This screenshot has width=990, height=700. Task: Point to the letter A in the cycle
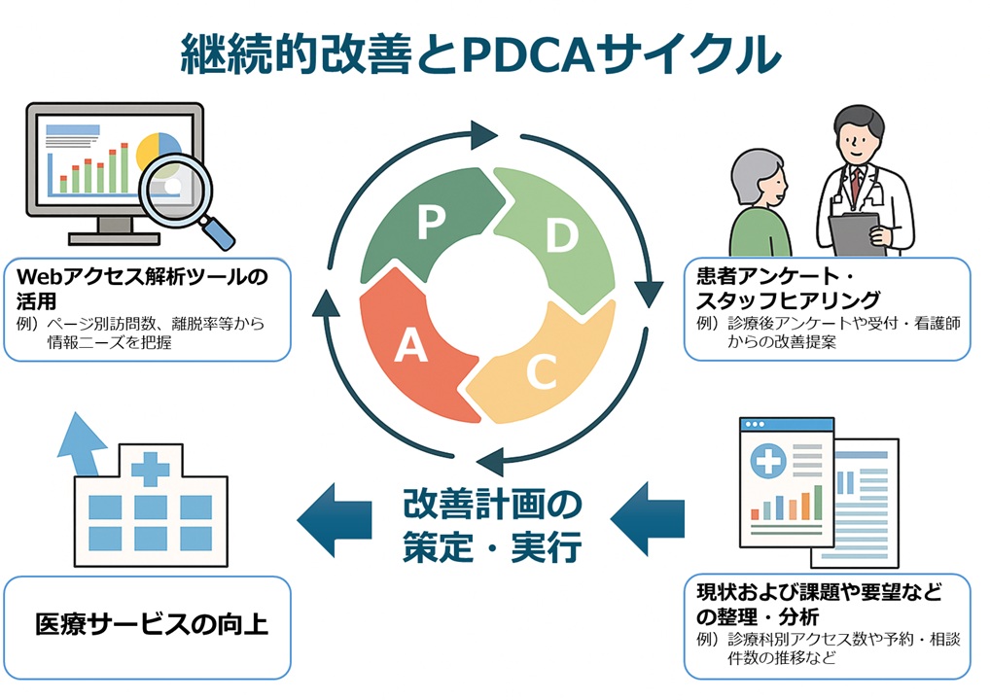point(410,346)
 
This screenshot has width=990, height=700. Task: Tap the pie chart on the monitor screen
point(159,151)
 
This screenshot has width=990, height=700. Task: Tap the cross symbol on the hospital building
point(150,470)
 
